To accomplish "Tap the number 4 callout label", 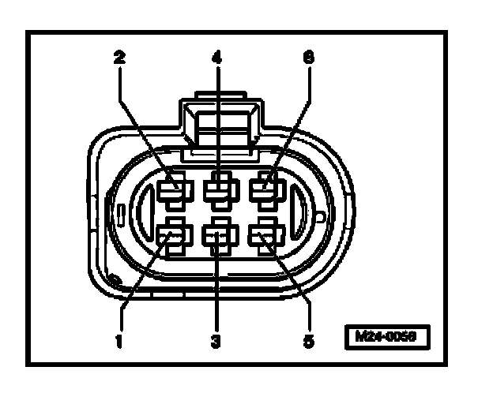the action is [216, 58].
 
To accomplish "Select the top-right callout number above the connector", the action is [308, 58].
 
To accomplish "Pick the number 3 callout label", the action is [216, 342].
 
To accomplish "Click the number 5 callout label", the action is [308, 342].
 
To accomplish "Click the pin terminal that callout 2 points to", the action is [171, 190].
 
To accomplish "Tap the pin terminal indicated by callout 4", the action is [217, 190].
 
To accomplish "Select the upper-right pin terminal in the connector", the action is [264, 190].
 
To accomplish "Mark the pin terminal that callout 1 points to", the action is [171, 234].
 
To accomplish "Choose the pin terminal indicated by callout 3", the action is [217, 234].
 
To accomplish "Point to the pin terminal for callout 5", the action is [264, 234].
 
